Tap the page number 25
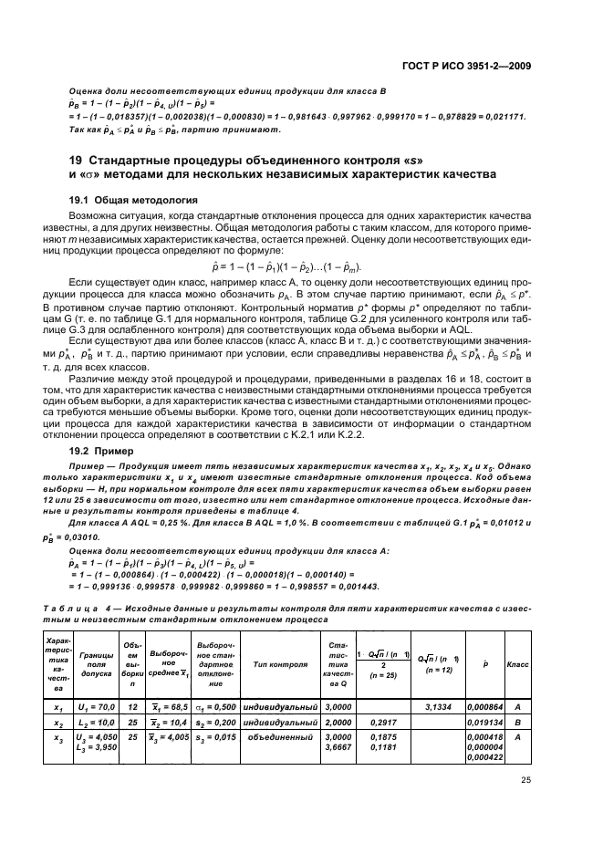526,779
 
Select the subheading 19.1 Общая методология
137,198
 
